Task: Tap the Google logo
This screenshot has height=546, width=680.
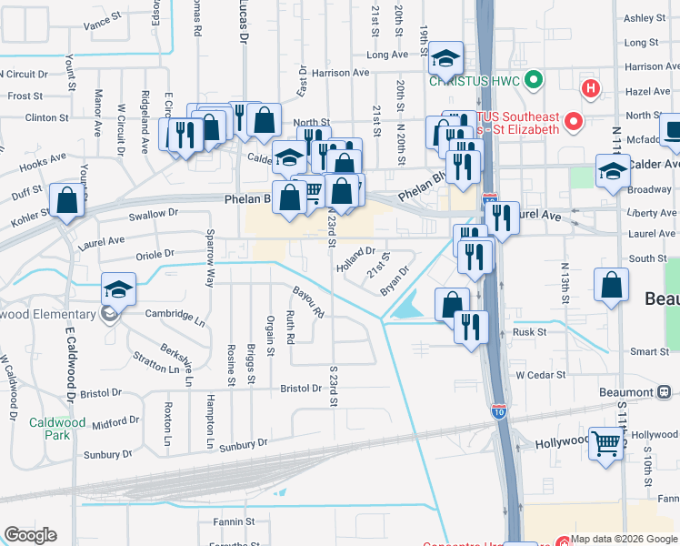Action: click(30, 535)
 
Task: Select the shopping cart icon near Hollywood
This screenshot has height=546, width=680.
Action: click(606, 445)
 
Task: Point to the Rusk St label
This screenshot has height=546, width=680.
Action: click(529, 332)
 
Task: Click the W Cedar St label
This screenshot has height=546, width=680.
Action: click(541, 374)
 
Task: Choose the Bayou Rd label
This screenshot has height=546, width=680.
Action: click(308, 301)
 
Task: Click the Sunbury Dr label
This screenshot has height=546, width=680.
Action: click(244, 444)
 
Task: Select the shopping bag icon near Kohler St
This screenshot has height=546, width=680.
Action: click(67, 200)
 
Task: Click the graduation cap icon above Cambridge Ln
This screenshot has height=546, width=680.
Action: click(118, 289)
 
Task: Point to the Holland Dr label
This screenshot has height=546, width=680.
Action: click(355, 258)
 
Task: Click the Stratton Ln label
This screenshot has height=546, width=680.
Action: click(156, 362)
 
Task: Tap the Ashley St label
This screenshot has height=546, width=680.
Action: click(645, 18)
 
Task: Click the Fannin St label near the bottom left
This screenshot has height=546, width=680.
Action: click(233, 521)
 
